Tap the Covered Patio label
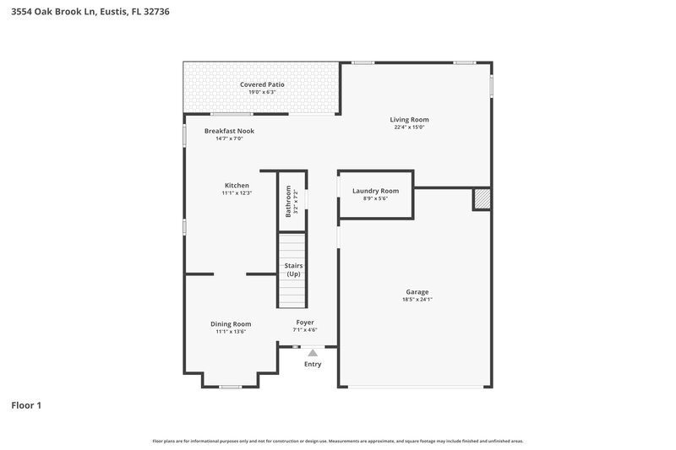coord(262,84)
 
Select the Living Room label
coord(409,120)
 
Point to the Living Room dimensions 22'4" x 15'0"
coord(409,127)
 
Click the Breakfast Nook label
coord(229,131)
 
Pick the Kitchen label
coord(237,185)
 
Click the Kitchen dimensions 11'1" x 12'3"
coord(237,192)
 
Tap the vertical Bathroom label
coord(287,202)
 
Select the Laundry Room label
coord(375,191)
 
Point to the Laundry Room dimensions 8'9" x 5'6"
coord(375,198)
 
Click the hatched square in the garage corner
coord(481,198)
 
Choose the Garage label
coord(417,292)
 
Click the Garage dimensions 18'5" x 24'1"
coord(417,300)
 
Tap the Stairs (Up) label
coord(293,270)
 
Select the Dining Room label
coord(231,323)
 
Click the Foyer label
coord(304,323)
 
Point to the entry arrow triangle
coord(313,353)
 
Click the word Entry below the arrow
coord(313,364)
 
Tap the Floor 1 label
coord(26,406)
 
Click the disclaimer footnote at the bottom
coord(337,441)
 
